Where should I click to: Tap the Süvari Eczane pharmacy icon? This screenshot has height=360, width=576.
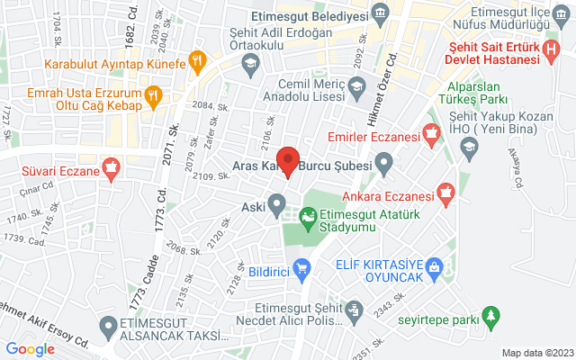[112, 166]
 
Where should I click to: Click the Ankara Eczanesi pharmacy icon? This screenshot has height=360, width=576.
[445, 191]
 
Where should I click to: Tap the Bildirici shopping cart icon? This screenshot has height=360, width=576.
[303, 266]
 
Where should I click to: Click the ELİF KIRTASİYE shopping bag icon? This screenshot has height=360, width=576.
[436, 266]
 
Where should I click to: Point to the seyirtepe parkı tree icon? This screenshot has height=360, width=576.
[490, 317]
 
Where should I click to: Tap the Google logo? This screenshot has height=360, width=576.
[31, 349]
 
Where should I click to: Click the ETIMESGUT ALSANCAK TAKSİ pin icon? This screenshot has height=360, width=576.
[110, 325]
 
